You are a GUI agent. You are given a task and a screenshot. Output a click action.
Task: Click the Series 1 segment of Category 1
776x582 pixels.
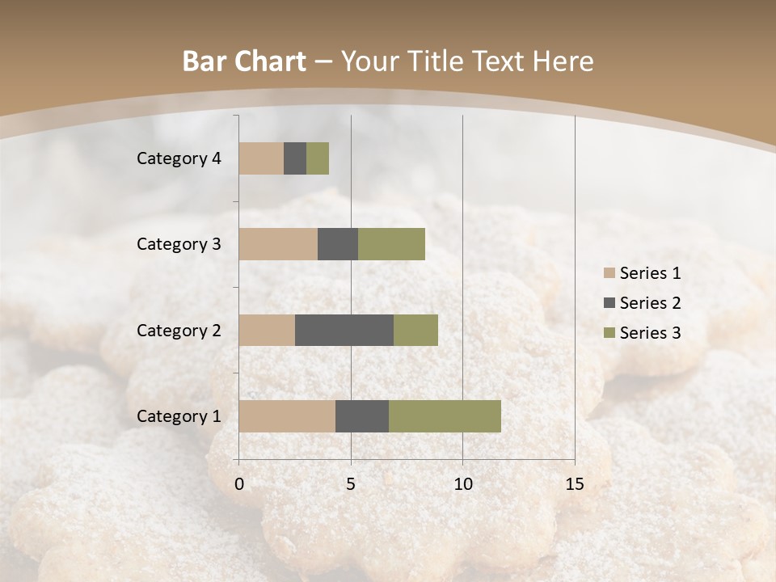coord(287,416)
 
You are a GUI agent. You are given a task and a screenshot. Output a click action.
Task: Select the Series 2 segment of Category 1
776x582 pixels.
coord(362,416)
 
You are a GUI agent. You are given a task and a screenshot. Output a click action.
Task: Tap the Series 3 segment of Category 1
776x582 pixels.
coord(445,416)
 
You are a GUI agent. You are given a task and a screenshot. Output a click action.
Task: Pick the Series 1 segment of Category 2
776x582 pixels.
coord(267,330)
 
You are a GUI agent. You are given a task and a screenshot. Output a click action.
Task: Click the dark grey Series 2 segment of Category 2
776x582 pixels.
coord(344,330)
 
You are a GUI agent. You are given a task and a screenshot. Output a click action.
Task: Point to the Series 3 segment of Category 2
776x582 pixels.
coord(415,330)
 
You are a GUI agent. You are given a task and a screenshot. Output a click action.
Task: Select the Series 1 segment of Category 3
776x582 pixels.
coord(278,244)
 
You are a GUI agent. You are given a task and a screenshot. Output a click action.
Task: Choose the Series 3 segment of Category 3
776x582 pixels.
coord(391,244)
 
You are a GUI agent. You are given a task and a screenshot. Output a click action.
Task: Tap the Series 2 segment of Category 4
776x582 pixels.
coord(295,158)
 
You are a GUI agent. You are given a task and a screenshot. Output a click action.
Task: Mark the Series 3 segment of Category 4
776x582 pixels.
coord(318,158)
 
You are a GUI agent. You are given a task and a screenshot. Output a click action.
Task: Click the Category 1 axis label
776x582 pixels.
coord(179,416)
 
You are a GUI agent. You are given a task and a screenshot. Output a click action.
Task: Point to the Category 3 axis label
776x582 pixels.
coord(179,244)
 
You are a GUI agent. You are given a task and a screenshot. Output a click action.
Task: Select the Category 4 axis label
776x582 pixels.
coord(179,158)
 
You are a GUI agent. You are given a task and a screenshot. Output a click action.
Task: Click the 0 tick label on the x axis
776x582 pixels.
coord(239,484)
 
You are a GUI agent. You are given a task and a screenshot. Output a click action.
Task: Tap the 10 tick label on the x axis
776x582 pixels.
coord(462,484)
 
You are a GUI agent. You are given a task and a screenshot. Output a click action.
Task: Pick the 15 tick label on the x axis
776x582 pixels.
coord(575,484)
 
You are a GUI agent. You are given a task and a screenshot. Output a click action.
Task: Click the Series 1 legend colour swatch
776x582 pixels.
coord(609,273)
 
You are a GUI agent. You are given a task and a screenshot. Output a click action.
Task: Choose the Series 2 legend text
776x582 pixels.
coord(650,303)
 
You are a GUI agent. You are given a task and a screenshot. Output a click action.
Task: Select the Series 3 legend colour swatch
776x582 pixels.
coord(609,333)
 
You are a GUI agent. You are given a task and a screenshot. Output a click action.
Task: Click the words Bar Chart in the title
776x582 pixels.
coord(244,61)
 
